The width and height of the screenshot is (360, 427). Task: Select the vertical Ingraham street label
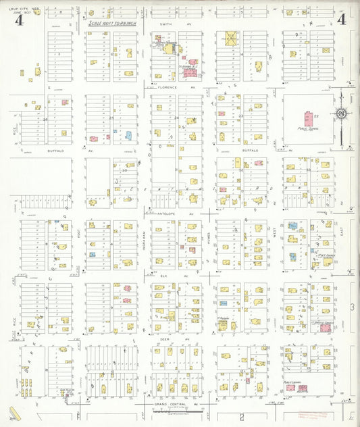(144, 240)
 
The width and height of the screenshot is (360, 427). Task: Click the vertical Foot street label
(78, 240)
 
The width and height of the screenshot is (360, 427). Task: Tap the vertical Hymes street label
(209, 240)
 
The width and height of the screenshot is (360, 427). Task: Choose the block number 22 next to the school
(316, 117)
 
